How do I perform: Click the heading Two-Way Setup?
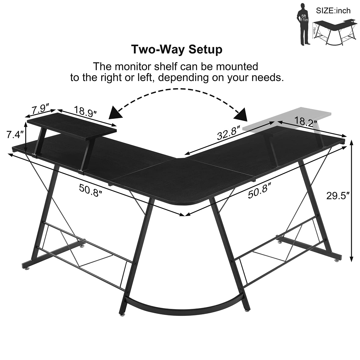coord(176,49)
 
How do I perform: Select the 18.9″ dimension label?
coord(85,112)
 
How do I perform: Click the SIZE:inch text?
coord(333,10)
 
